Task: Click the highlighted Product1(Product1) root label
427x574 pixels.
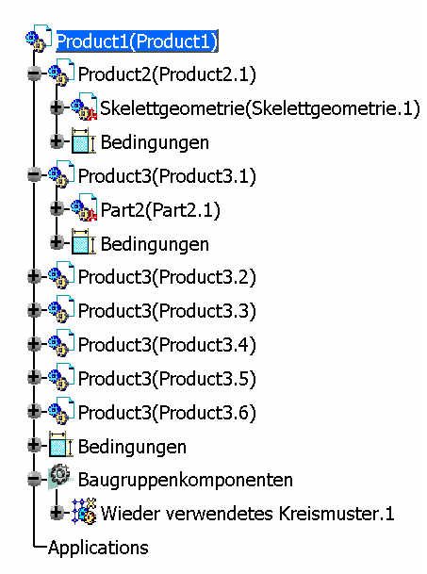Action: coord(137,41)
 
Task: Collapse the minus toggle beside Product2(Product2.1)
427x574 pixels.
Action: coord(34,74)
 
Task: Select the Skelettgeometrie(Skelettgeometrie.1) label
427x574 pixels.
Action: coord(260,108)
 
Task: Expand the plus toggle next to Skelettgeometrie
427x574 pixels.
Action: coord(57,107)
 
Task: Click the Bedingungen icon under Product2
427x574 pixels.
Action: coord(83,140)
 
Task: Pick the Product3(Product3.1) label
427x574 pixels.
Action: coord(167,176)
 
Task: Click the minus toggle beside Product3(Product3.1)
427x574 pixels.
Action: coord(34,175)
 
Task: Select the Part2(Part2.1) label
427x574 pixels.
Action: coord(160,210)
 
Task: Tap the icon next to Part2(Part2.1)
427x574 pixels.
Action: coord(84,208)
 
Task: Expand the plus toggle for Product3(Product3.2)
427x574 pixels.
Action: coord(34,276)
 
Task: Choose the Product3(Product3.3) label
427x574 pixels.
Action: coord(167,311)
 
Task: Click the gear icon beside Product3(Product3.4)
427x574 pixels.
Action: coord(61,343)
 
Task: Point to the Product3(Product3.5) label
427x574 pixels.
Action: coord(167,379)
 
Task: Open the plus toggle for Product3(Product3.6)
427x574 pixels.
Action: coord(34,411)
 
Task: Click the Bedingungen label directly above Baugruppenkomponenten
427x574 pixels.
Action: coord(132,448)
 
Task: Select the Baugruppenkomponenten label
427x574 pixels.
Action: coord(186,481)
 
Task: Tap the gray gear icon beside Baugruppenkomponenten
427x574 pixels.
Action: coord(60,477)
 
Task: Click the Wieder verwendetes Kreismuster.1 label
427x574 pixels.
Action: coord(248,514)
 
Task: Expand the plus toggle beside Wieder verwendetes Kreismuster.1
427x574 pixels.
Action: coord(57,513)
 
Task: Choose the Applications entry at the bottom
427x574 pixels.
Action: coord(99,548)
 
